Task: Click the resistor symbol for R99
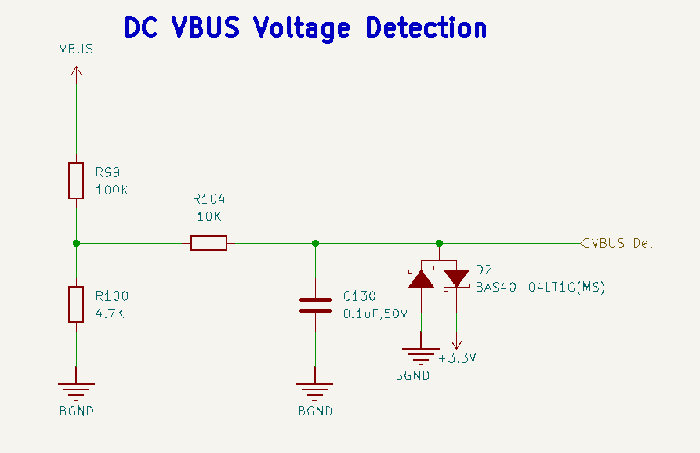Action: (76, 180)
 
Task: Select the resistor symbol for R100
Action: (76, 304)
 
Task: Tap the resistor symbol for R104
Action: (209, 243)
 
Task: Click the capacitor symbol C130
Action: (315, 305)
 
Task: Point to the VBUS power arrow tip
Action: (76, 67)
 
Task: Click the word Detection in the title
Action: (426, 28)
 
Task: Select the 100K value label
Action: (111, 190)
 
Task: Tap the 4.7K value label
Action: (111, 313)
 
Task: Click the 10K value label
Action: (209, 216)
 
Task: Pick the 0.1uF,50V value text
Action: (375, 313)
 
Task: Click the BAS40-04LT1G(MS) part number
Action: (540, 288)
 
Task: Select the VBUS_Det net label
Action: (622, 243)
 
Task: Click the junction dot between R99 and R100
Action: (76, 243)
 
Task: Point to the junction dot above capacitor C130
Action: (315, 243)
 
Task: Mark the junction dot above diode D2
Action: (439, 243)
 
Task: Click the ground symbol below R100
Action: (76, 389)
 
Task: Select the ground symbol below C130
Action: (315, 389)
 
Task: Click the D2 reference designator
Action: (484, 270)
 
